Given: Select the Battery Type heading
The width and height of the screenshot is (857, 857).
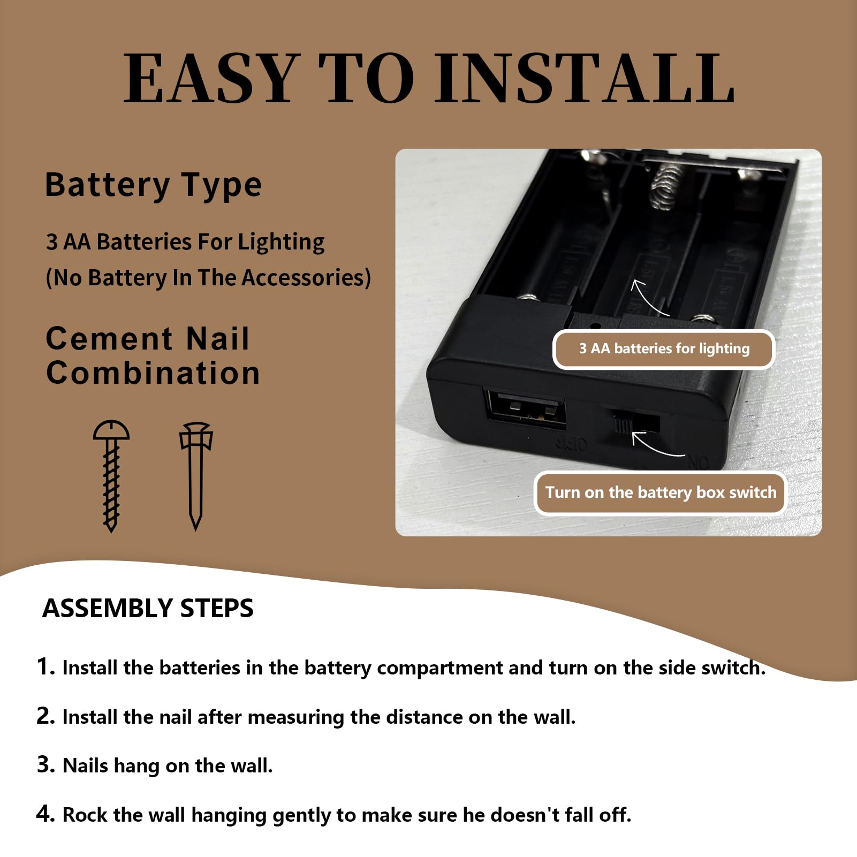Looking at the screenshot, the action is tap(153, 186).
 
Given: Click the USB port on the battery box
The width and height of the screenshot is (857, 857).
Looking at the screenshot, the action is tap(525, 408).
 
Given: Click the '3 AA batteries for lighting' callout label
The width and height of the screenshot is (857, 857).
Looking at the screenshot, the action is tap(664, 349).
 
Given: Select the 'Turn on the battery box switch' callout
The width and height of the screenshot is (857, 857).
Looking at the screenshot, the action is tap(661, 493).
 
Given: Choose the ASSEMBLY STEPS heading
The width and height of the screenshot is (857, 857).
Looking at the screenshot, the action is tap(148, 609).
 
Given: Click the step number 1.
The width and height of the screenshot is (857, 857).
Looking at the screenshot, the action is tap(46, 667).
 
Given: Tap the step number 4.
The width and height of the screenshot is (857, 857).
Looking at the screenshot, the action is tap(46, 814).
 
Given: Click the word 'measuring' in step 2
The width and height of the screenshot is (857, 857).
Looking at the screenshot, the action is tap(296, 718).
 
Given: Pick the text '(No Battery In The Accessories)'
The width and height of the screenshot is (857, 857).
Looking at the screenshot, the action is tap(208, 278).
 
